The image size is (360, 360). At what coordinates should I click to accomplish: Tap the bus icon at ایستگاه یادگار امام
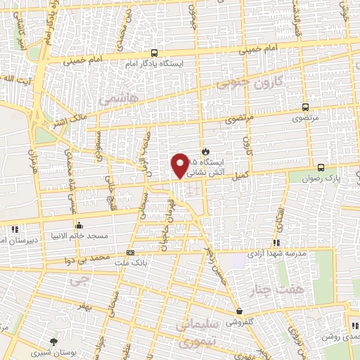(x=155, y=53)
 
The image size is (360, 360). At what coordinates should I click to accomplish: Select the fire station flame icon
(x=205, y=150)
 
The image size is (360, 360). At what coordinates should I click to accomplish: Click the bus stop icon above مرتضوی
(x=304, y=108)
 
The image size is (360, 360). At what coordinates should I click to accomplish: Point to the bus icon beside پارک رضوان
(x=321, y=167)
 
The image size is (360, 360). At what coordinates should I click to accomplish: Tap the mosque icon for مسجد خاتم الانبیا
(x=79, y=226)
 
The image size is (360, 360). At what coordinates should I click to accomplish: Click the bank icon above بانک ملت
(x=130, y=252)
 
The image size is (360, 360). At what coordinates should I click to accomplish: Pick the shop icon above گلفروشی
(x=240, y=311)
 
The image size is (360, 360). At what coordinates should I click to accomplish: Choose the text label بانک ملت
(x=131, y=264)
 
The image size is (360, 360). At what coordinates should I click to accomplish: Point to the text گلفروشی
(x=240, y=322)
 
